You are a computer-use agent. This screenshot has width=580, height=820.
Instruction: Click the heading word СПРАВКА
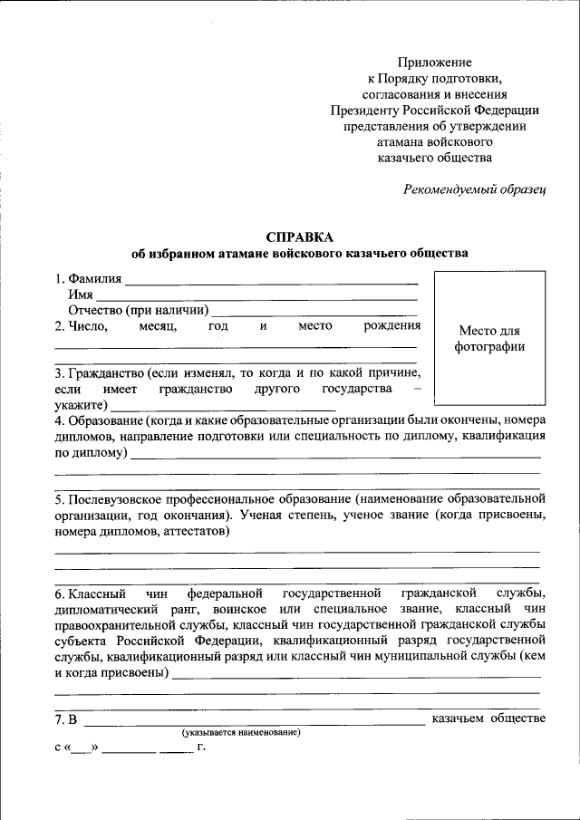click(299, 236)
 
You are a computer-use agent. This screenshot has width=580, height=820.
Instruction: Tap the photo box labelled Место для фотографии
click(488, 338)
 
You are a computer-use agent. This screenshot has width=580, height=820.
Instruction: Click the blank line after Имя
click(257, 297)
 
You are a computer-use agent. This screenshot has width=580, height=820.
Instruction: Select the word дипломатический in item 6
click(108, 610)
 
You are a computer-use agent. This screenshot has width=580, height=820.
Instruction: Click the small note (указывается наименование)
click(240, 731)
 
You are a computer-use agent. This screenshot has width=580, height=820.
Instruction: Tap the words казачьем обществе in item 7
click(488, 719)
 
